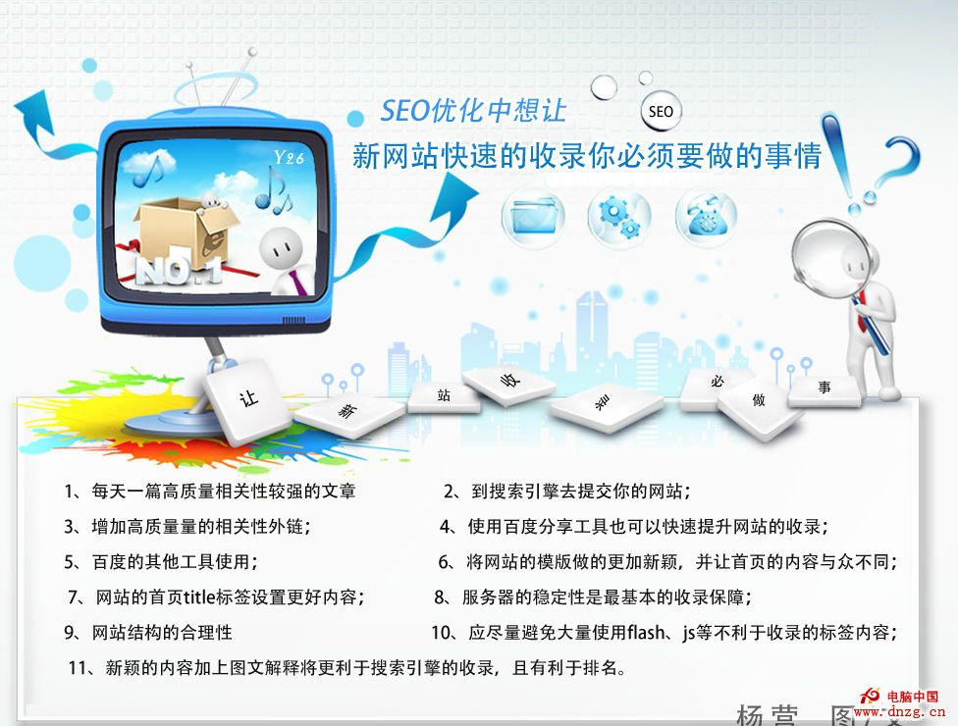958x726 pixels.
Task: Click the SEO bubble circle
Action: [661, 111]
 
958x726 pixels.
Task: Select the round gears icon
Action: [618, 216]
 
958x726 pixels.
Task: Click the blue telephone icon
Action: [705, 216]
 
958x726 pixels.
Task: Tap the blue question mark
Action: [905, 162]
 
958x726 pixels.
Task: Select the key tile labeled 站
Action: [444, 395]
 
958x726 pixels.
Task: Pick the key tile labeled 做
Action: [759, 400]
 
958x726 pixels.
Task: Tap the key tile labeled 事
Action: [825, 388]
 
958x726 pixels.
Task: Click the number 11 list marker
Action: [79, 669]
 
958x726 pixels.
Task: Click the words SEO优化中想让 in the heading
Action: [473, 110]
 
